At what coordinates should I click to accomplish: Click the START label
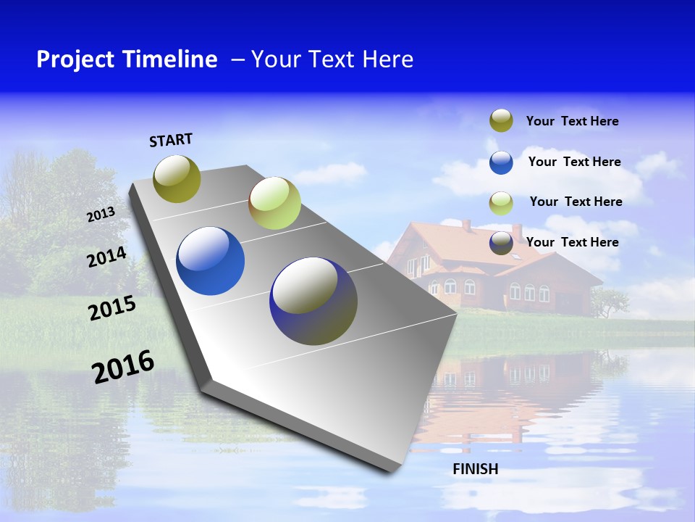(171, 140)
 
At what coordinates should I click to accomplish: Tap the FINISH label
(475, 469)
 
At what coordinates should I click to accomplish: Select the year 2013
(101, 214)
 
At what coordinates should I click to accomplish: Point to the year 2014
(106, 257)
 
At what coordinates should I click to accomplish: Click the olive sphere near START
(177, 178)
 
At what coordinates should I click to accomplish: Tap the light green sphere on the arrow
(274, 203)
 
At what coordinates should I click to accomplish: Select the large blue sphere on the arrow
(210, 261)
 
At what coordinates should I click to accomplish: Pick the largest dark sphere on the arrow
(313, 301)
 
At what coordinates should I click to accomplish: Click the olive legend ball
(501, 120)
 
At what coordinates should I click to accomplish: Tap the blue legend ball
(501, 162)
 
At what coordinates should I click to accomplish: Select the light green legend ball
(501, 203)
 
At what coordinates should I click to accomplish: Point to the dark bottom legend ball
(501, 244)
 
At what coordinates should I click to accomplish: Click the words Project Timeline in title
(127, 59)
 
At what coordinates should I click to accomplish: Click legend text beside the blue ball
(574, 162)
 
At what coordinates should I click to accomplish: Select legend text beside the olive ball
(572, 121)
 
